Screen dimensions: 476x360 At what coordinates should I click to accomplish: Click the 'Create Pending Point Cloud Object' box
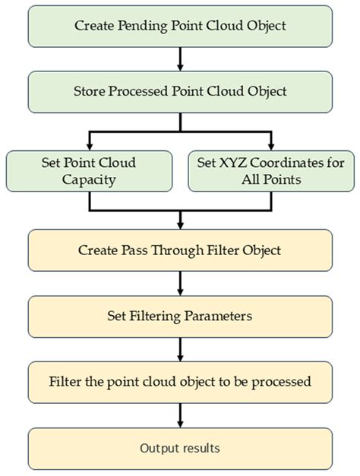[180, 26]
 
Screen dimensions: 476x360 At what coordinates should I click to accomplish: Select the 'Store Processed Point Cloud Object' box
[180, 91]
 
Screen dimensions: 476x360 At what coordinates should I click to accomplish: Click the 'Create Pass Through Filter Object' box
[180, 251]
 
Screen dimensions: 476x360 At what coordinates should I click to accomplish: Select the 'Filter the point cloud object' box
[180, 382]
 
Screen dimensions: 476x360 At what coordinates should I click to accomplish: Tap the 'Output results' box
[180, 448]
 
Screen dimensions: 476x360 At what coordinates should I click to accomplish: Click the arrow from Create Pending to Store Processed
[180, 58]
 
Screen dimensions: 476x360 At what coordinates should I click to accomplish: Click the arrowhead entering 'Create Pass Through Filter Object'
[180, 224]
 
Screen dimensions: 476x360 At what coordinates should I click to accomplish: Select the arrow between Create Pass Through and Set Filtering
[180, 283]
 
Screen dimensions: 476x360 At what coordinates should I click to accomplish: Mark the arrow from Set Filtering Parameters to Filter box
[180, 349]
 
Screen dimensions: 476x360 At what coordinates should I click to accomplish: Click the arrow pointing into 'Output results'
[180, 415]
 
